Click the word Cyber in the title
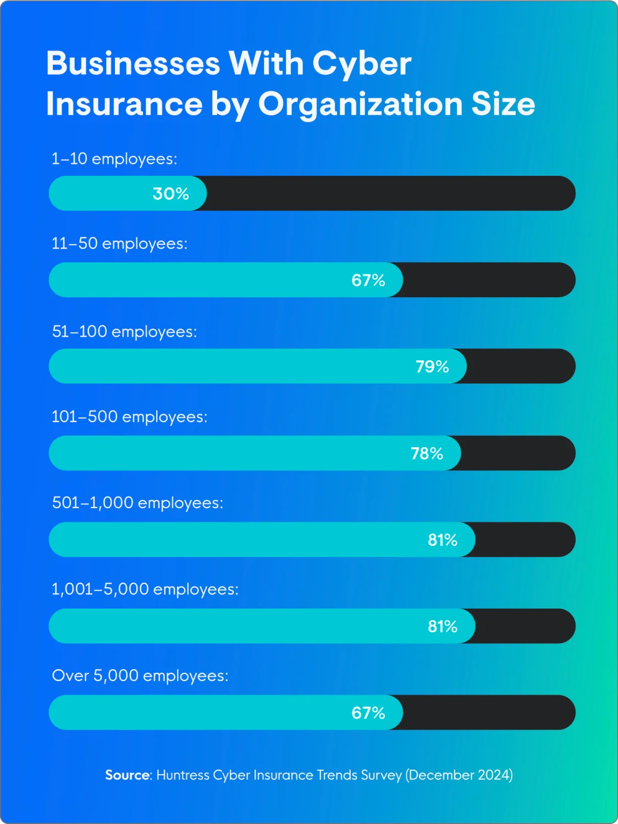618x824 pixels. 361,64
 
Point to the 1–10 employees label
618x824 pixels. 114,159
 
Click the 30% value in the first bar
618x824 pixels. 170,193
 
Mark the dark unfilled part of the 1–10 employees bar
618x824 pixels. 390,193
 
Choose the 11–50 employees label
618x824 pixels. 119,243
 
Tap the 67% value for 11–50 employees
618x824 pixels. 368,280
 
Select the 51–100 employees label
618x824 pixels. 124,332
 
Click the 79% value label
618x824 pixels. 432,366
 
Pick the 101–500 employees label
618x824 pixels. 129,417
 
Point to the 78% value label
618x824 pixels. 427,453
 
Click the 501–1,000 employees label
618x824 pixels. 137,503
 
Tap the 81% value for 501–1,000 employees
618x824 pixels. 443,540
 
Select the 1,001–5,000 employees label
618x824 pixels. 145,589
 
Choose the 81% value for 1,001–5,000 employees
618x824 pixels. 443,626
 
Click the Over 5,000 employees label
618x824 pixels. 140,676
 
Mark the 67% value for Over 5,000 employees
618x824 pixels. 368,713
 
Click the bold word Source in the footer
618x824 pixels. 128,775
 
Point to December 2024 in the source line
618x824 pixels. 459,775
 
